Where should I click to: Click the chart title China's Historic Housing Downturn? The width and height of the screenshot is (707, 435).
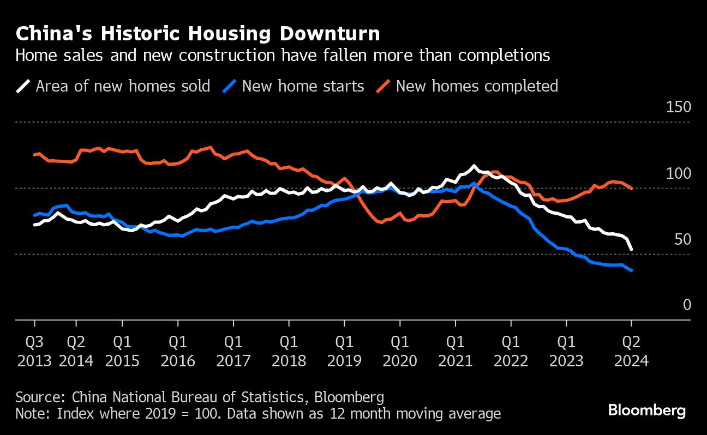[197, 34]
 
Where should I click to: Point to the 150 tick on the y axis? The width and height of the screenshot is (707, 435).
[679, 107]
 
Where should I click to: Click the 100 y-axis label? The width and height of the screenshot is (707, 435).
[679, 173]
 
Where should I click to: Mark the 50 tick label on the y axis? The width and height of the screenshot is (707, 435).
[682, 239]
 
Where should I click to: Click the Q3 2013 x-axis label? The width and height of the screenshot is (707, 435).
[34, 352]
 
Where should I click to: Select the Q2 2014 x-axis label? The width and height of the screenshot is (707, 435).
[76, 352]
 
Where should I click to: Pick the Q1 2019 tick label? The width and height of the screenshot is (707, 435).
[344, 352]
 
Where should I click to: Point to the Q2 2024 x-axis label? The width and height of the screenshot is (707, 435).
[631, 352]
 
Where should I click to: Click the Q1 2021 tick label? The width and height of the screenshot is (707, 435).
[456, 352]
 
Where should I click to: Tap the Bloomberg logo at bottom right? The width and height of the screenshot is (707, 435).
[647, 410]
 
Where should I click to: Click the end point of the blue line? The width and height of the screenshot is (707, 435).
[631, 270]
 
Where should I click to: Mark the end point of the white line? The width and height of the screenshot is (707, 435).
[631, 249]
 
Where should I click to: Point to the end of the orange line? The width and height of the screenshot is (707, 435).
[631, 189]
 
